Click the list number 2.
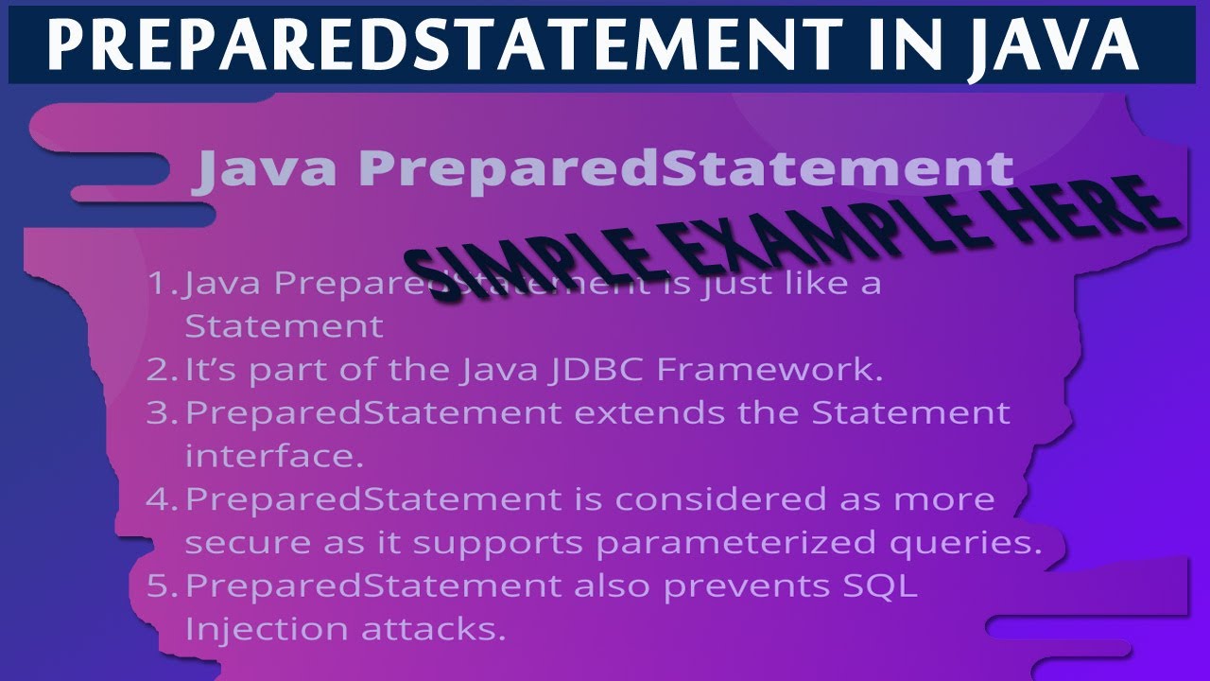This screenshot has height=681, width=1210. point(160,370)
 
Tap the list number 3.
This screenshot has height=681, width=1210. point(160,413)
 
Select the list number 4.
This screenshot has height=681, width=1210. point(160,499)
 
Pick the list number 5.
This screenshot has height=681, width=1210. point(160,586)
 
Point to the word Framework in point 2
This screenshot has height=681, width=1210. point(769,370)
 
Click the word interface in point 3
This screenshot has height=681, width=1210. point(274,456)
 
